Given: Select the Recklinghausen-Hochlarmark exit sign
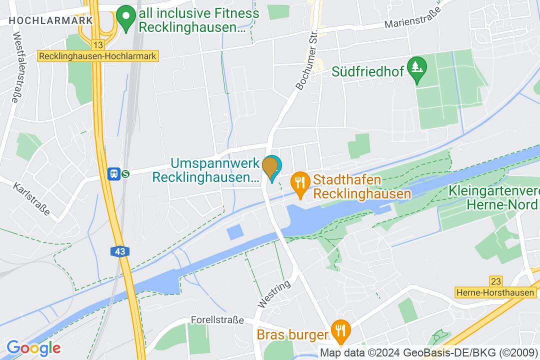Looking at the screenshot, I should pyautogui.click(x=98, y=56).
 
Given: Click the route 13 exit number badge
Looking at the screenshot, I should pyautogui.click(x=98, y=45).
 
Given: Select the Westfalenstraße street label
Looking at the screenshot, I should pyautogui.click(x=14, y=67).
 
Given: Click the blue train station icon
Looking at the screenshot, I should pyautogui.click(x=114, y=173).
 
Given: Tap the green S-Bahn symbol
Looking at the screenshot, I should pyautogui.click(x=125, y=173).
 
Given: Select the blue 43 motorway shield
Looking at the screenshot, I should pyautogui.click(x=120, y=251).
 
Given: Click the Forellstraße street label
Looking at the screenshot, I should pyautogui.click(x=217, y=319).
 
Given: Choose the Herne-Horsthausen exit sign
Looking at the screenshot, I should pyautogui.click(x=496, y=292).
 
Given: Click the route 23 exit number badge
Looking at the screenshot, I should pyautogui.click(x=496, y=281).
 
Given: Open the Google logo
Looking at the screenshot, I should pyautogui.click(x=33, y=347).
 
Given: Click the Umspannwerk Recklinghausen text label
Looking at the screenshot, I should pyautogui.click(x=214, y=170).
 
